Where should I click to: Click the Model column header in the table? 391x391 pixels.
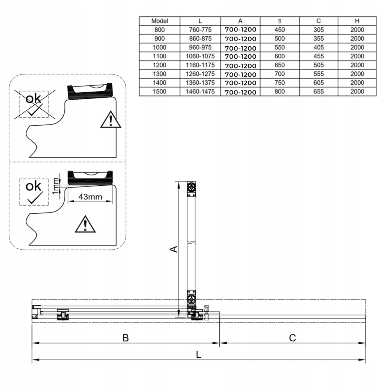coord(160,21)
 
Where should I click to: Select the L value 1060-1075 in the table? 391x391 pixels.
coord(200,56)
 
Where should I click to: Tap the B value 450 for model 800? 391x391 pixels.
coord(279,30)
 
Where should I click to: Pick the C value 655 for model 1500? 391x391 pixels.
coord(319,92)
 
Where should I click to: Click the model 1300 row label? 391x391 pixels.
coord(160,74)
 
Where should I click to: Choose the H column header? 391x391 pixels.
coord(357,21)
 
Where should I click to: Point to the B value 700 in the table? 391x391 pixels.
coord(279,74)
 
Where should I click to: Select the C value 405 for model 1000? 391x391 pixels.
coord(319,47)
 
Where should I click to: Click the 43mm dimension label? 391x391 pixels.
coord(90,197)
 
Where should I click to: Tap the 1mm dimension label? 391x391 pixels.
coord(55,185)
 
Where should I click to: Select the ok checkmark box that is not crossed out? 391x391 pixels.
coord(34,192)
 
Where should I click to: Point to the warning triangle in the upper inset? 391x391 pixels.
coord(111,120)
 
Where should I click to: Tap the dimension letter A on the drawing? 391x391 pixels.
coord(174,249)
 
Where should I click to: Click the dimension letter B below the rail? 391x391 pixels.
coord(126,338)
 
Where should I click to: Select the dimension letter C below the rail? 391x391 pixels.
coord(293,338)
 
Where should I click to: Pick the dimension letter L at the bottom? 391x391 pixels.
coord(198,354)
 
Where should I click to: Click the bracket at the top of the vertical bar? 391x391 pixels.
coord(192,189)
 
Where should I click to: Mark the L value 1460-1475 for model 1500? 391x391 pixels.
coord(200,92)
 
